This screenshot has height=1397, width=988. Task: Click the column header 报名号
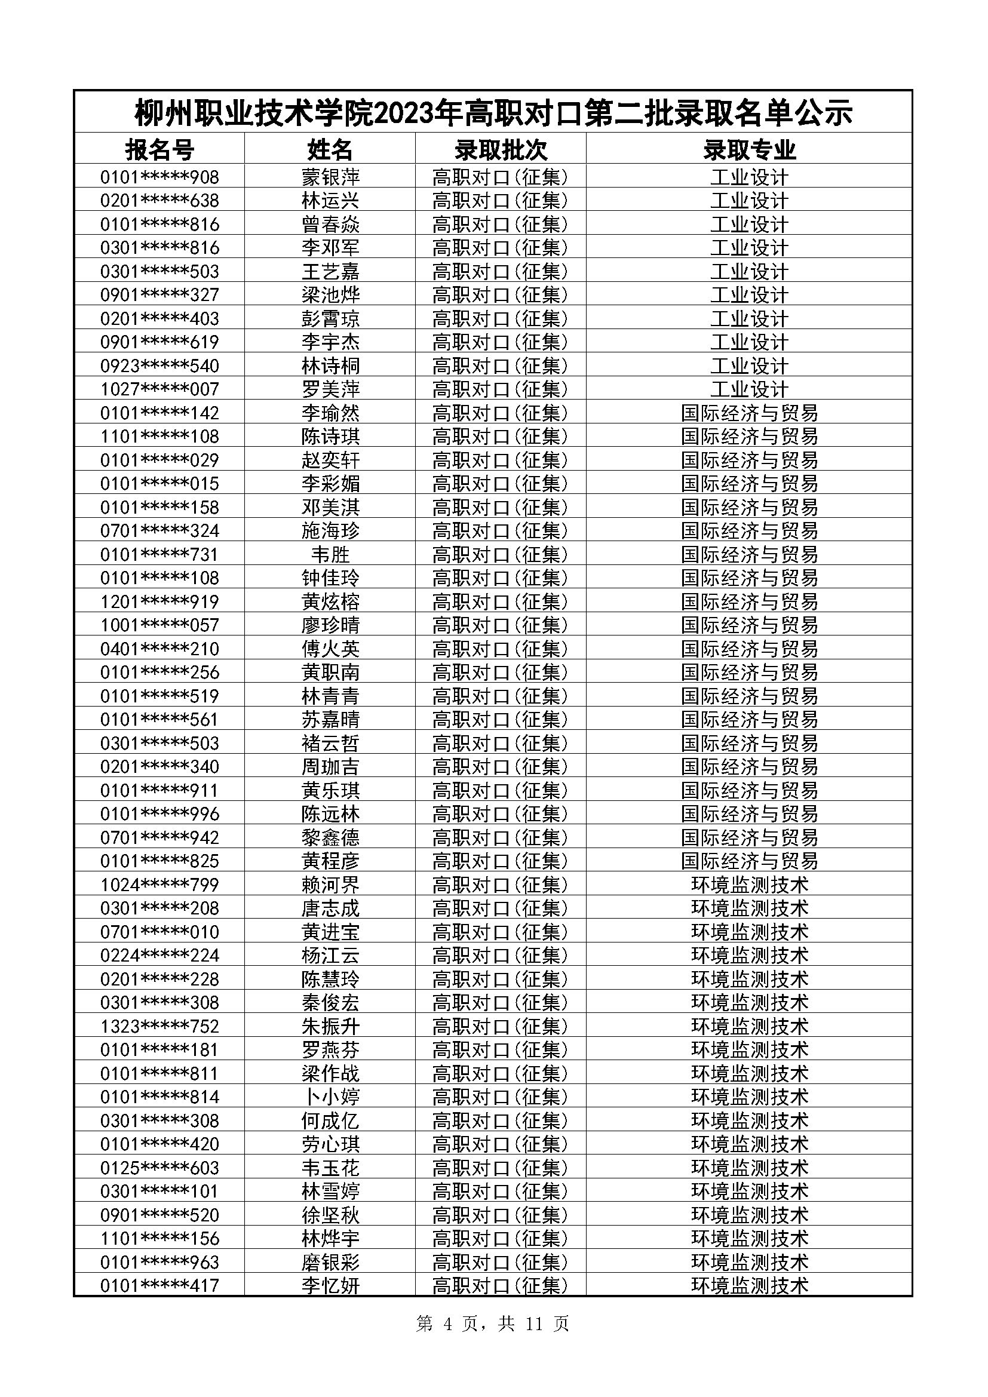click(159, 149)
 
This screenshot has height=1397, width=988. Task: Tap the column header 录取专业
click(749, 149)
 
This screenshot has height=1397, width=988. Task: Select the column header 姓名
click(330, 149)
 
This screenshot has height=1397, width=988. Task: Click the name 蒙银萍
click(330, 177)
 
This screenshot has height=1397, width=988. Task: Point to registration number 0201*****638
click(159, 200)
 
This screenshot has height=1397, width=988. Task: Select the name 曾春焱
click(330, 224)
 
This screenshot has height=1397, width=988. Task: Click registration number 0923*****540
click(159, 366)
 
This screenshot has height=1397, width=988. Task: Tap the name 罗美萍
click(330, 389)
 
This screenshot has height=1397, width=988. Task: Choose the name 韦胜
click(330, 554)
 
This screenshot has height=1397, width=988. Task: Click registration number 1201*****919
click(159, 602)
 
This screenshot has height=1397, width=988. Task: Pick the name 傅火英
click(330, 649)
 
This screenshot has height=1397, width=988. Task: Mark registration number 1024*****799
click(159, 885)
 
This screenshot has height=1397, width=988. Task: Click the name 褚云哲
click(330, 743)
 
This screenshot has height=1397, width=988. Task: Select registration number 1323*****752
click(159, 1027)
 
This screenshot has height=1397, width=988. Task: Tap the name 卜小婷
click(330, 1097)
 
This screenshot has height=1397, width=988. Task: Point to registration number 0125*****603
click(159, 1168)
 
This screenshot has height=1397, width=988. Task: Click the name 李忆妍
click(330, 1286)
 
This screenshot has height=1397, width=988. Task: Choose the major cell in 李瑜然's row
click(749, 413)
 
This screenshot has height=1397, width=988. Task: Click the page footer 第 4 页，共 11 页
click(492, 1324)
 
